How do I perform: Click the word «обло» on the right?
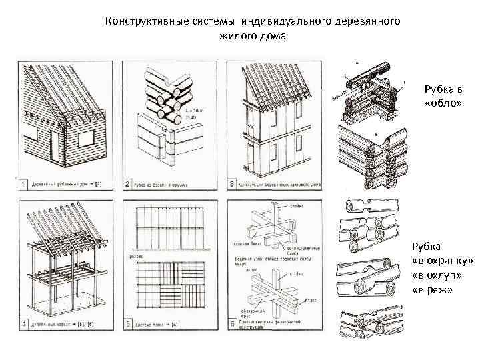(438, 104)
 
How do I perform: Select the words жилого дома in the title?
(252, 36)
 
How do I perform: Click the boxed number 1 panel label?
(23, 183)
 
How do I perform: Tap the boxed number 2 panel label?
(127, 183)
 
